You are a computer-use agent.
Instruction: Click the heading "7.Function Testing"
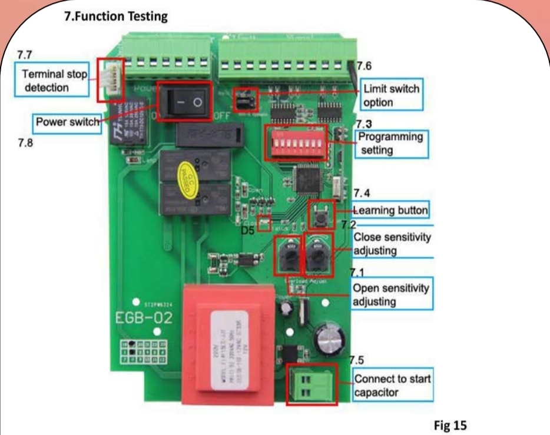tap(115, 16)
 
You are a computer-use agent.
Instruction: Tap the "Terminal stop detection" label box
tap(54, 81)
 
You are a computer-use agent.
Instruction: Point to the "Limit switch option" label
tap(391, 95)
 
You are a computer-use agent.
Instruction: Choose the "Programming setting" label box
tap(391, 143)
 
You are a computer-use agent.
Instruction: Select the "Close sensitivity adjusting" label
tap(392, 244)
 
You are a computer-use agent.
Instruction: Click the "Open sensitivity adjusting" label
tap(391, 294)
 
